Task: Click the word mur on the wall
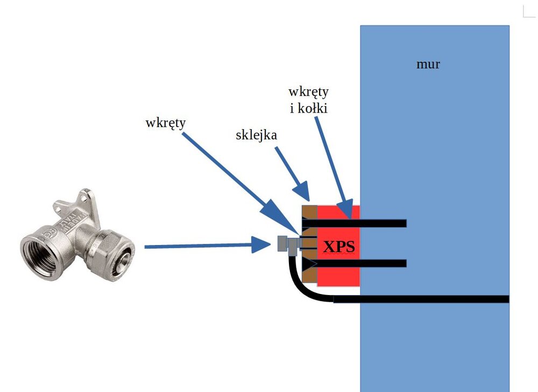[x=428, y=64]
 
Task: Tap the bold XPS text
[x=338, y=247]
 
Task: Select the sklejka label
[x=256, y=135]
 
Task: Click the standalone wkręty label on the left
[x=165, y=123]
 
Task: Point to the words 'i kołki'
[x=309, y=108]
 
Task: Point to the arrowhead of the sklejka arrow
[x=303, y=194]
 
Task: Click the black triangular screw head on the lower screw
[x=309, y=264]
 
